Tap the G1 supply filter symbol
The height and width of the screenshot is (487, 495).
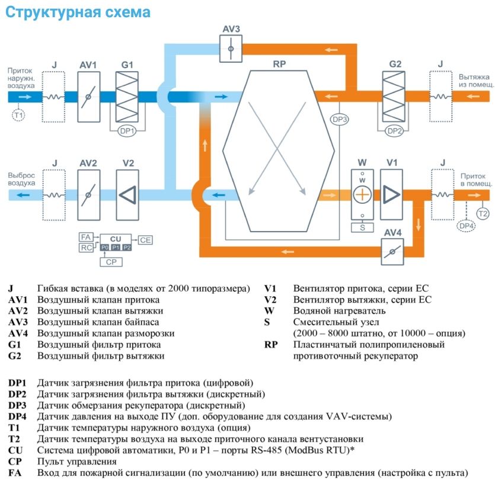pyautogui.click(x=128, y=97)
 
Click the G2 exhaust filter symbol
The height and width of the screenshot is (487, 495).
pyautogui.click(x=396, y=97)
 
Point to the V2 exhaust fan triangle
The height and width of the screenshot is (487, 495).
pyautogui.click(x=128, y=195)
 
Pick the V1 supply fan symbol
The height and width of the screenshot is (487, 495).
pyautogui.click(x=391, y=195)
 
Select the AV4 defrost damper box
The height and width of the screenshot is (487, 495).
pyautogui.click(x=392, y=252)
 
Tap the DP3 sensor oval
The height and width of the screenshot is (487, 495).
pyautogui.click(x=339, y=119)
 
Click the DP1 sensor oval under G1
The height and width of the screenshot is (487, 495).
pyautogui.click(x=127, y=130)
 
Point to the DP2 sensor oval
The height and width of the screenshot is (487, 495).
pyautogui.click(x=395, y=130)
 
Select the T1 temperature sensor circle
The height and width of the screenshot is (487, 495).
pyautogui.click(x=18, y=115)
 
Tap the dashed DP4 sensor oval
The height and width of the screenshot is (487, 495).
pyautogui.click(x=467, y=225)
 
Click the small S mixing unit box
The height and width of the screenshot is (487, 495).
pyautogui.click(x=361, y=227)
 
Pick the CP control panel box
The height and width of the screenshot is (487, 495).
pyautogui.click(x=110, y=261)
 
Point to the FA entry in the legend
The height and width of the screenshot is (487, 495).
pyautogui.click(x=14, y=473)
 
